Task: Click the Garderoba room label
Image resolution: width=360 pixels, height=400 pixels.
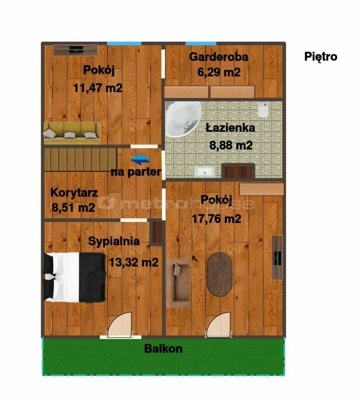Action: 218,57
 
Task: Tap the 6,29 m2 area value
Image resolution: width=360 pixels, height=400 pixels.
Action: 219,72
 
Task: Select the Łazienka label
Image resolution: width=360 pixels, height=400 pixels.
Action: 230,128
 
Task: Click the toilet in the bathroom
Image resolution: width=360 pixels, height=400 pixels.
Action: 263,110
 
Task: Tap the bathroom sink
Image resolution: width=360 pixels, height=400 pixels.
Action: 204,171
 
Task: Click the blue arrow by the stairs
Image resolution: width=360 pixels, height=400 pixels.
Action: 140,159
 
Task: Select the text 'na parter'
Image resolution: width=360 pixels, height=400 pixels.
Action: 136,172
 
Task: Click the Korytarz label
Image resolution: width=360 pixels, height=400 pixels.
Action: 74,193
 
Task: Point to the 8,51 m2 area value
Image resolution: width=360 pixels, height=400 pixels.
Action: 73,207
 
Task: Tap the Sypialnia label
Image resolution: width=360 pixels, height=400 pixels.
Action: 114,241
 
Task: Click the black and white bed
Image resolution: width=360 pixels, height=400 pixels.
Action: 74,277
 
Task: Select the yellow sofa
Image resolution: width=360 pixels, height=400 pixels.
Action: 72,133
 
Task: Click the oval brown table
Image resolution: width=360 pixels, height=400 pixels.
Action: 220,274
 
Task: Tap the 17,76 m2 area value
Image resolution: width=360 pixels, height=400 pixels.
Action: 216,219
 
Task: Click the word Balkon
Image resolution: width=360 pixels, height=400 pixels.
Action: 163,349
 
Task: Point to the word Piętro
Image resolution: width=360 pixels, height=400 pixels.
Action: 321,57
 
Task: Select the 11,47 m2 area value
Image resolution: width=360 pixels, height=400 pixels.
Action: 98,88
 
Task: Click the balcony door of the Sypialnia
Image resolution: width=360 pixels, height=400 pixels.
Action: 120,325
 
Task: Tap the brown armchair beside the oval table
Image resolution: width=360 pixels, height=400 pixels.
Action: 178,283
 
